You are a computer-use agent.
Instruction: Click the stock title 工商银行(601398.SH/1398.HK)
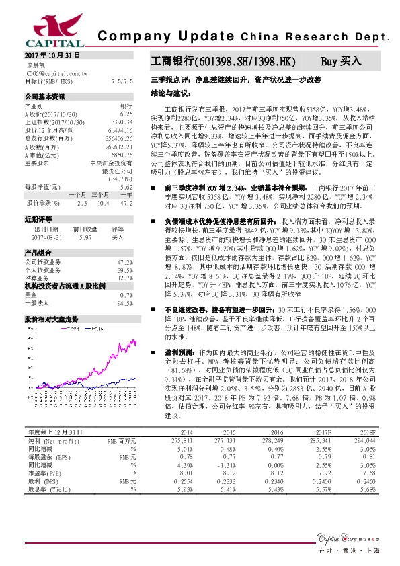[x=223, y=62]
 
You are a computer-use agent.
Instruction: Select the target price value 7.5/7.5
[x=122, y=81]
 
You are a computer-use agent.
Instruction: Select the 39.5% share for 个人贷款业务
[x=124, y=270]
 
